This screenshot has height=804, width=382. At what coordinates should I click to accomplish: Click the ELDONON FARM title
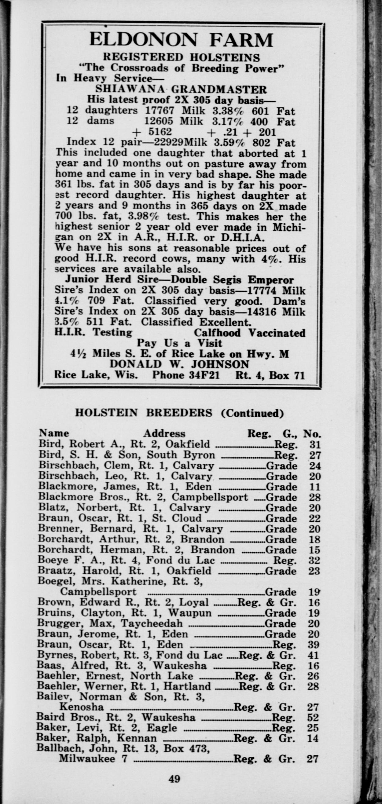[181, 40]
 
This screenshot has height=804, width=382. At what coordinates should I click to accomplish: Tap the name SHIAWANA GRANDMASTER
[181, 90]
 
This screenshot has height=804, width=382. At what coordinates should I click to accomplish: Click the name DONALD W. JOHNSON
[179, 364]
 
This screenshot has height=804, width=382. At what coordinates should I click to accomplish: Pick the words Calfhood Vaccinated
[249, 333]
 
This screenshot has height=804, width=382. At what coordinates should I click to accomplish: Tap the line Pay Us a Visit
[179, 343]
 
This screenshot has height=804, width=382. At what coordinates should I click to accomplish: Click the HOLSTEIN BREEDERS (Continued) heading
[179, 413]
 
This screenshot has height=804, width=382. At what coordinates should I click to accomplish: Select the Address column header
[164, 433]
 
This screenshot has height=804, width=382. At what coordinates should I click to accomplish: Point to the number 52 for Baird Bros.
[313, 717]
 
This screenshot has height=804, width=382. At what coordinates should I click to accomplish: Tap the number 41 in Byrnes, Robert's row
[313, 655]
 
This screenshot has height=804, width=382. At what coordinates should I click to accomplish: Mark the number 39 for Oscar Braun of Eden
[313, 644]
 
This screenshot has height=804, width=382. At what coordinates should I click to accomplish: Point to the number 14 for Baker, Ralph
[313, 738]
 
